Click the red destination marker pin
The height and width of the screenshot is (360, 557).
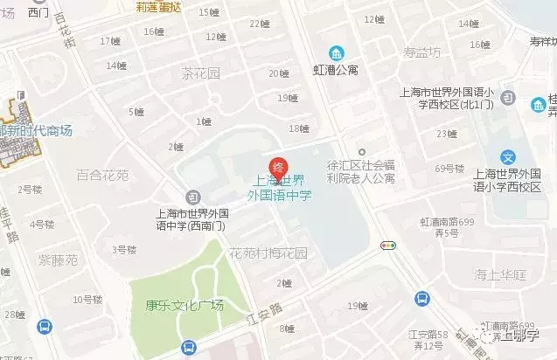pos(277,166)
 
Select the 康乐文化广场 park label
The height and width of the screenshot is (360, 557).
pos(185,306)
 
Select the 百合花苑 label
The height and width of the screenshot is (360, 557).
pos(102,175)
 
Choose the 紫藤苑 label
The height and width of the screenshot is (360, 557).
pos(58,260)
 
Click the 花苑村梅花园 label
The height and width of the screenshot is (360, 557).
pos(268,254)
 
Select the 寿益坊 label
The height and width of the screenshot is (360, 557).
pos(422,52)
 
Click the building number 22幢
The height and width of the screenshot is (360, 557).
pos(260,24)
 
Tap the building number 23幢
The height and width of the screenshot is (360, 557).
pos(447,134)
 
